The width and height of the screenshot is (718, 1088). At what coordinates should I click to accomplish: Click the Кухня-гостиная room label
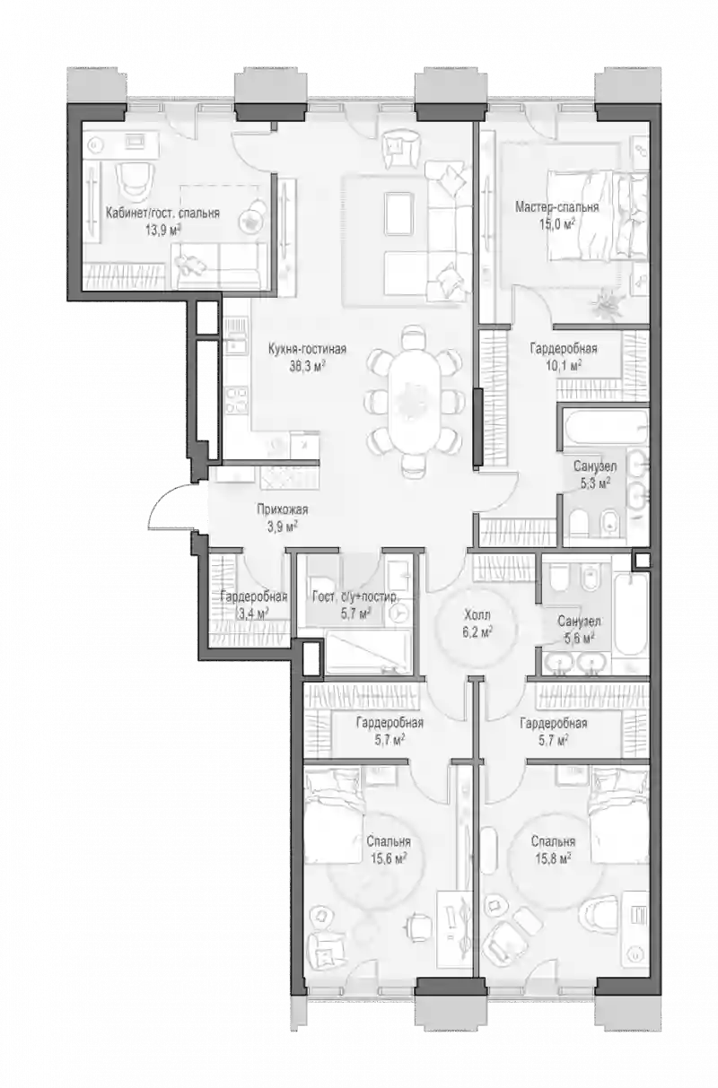pos(307,349)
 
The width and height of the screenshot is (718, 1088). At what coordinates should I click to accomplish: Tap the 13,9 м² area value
pos(162,231)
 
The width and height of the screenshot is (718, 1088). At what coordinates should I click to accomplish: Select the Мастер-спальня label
pos(557,207)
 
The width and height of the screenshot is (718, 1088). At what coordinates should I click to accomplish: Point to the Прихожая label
pos(283,510)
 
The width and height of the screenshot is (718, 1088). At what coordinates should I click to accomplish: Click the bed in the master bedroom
pos(598,214)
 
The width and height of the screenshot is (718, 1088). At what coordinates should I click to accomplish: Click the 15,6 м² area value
pos(389,858)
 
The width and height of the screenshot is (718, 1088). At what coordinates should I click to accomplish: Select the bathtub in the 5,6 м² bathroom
pos(631,614)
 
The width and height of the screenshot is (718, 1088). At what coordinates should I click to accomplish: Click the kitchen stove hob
pos(236,399)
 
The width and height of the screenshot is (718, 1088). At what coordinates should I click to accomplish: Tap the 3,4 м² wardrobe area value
pos(253,614)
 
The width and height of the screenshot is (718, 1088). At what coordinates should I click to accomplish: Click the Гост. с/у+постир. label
pos(355,596)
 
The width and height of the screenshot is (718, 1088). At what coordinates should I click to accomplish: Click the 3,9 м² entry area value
pos(283,527)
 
